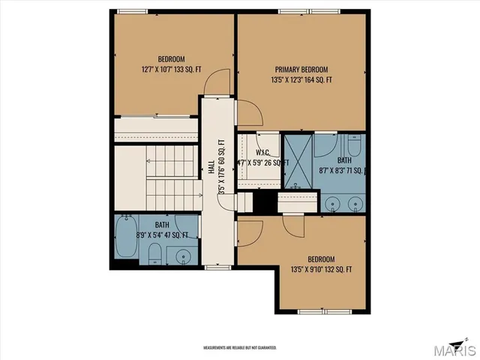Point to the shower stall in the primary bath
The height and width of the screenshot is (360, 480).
(x=297, y=161)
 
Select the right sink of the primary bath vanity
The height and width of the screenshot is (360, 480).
(x=354, y=202)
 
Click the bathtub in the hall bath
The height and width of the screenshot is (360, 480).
(x=124, y=238)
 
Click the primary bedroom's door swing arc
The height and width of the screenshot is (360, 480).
(x=250, y=112)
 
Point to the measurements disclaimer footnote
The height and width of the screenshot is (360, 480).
(x=240, y=348)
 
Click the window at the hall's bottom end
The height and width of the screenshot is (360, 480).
(x=217, y=266)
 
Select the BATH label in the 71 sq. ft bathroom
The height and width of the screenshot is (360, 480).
(x=344, y=160)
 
